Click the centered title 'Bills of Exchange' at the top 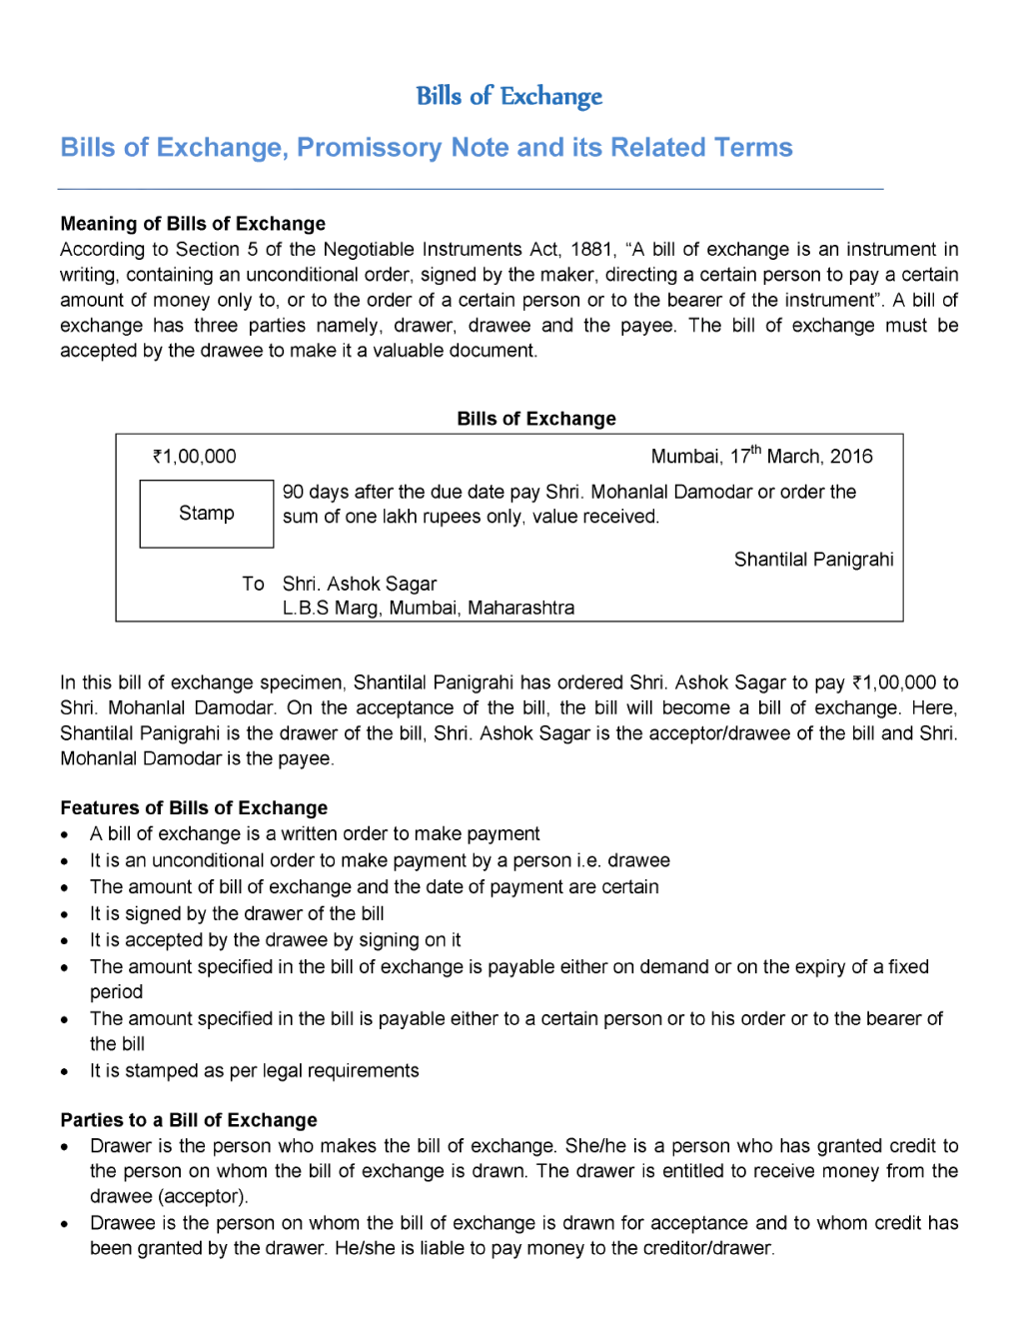(x=509, y=96)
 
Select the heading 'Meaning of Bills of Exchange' (x=193, y=224)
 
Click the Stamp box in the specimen (x=207, y=514)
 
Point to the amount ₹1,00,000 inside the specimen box (x=195, y=457)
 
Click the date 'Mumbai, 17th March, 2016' (x=761, y=457)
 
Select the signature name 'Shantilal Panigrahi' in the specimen (x=813, y=560)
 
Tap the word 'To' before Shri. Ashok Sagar (x=253, y=584)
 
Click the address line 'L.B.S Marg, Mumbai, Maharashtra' (x=428, y=608)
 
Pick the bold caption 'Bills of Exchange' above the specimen (x=536, y=419)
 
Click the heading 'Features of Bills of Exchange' (x=194, y=808)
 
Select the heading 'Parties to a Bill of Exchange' (x=189, y=1120)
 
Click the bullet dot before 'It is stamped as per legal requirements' (x=65, y=1072)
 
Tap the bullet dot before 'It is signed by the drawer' (x=65, y=914)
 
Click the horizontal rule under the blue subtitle (x=470, y=188)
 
